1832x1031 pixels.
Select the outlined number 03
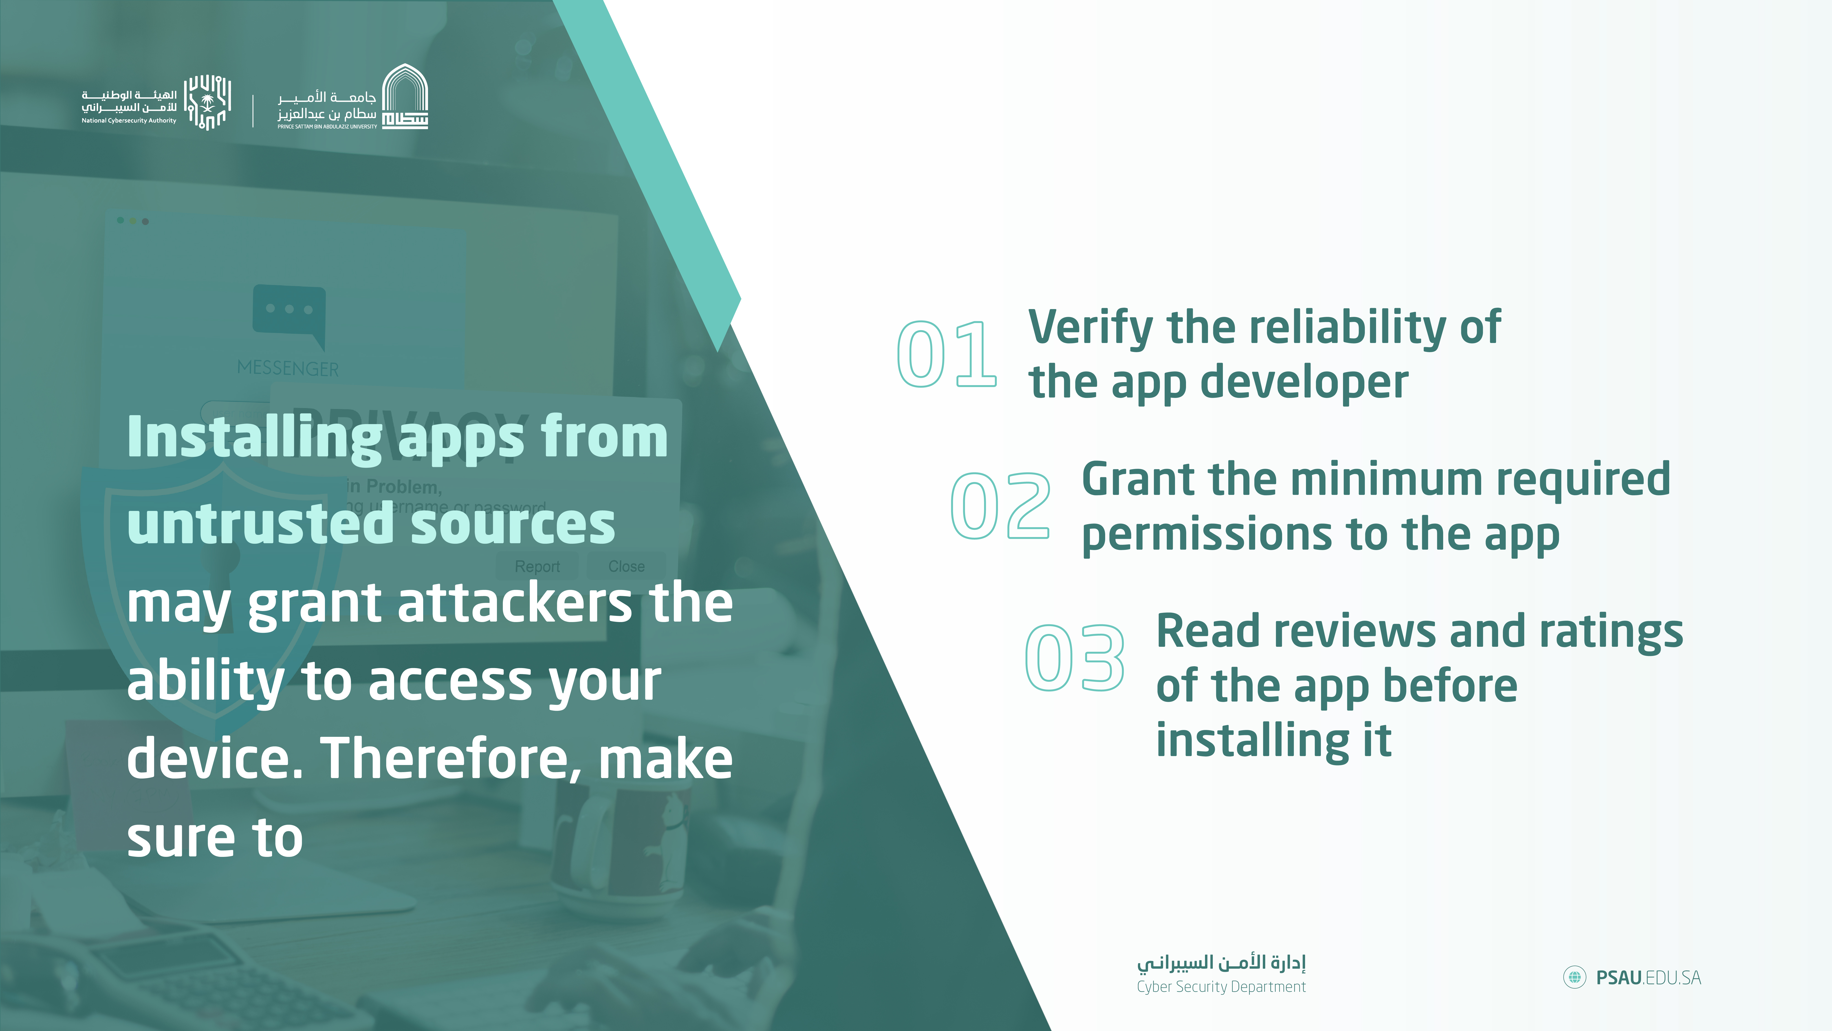(x=1075, y=658)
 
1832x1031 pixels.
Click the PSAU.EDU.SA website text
(x=1649, y=978)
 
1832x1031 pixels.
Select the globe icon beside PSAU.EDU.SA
(x=1575, y=978)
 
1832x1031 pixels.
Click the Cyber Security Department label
(x=1221, y=987)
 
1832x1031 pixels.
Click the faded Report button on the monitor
(x=537, y=566)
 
